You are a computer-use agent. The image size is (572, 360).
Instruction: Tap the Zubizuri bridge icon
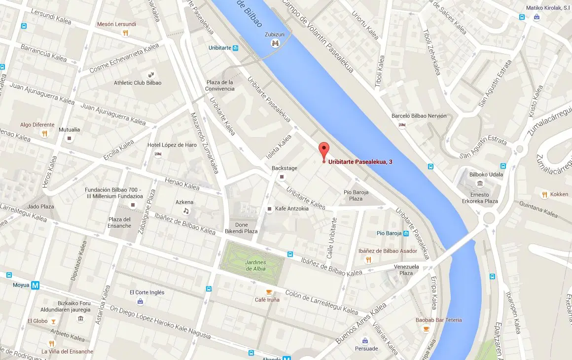coord(275,43)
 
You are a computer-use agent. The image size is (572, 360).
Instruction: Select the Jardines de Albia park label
coord(255,265)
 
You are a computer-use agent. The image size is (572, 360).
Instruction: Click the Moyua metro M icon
coord(35,285)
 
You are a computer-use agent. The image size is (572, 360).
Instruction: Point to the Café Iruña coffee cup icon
coord(269,291)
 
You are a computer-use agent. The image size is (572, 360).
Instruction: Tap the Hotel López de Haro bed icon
coord(158,154)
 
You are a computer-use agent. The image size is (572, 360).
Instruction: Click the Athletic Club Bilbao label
coord(138,83)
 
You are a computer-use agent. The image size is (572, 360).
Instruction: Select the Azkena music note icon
coord(186,211)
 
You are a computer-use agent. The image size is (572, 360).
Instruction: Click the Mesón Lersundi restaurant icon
coord(126,33)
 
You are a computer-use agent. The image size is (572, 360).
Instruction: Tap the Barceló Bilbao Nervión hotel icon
coord(402,125)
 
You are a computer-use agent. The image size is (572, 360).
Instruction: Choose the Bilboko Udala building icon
coord(480,184)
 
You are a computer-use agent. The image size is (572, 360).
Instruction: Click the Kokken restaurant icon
coord(544,194)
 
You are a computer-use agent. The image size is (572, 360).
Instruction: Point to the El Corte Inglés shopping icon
coord(141,301)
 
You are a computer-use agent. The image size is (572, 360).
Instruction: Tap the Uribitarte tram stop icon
coord(236,48)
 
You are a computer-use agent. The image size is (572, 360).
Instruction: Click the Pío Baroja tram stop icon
coord(406,233)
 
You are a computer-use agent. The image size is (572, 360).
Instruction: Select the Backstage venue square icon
coord(282,177)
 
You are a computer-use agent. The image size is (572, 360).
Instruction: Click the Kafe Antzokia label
coord(292,209)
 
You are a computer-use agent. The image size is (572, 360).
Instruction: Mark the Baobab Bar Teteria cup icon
coord(426,329)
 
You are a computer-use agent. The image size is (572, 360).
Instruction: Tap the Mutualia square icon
coord(70,139)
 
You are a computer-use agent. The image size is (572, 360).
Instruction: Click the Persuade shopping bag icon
coord(365,340)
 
